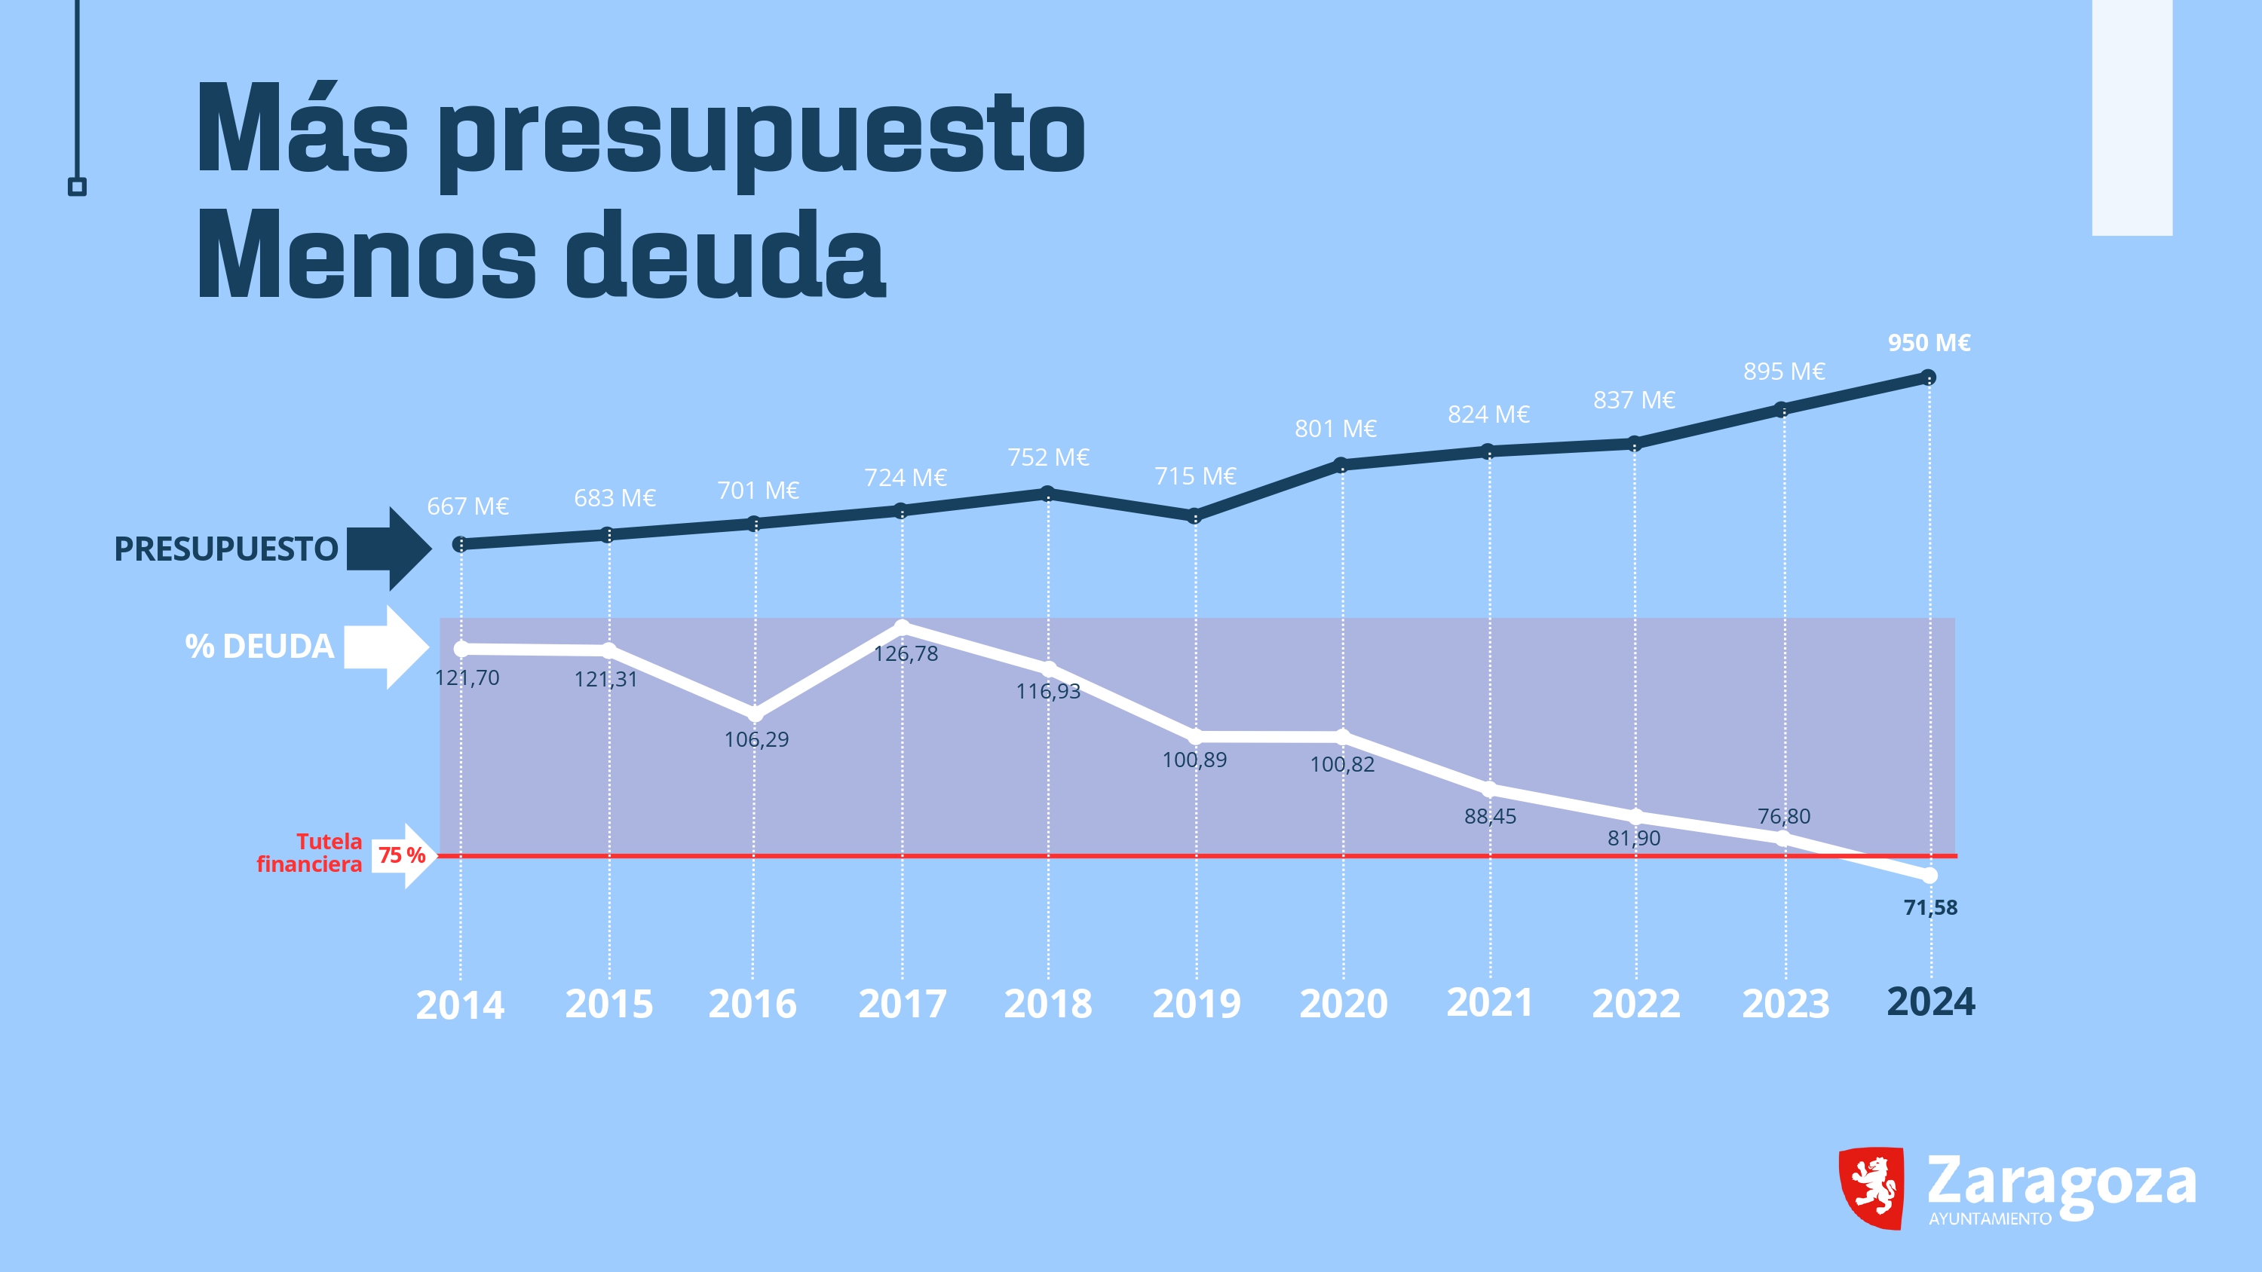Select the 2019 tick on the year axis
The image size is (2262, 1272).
(x=1196, y=1004)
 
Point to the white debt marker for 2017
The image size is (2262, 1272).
(x=902, y=627)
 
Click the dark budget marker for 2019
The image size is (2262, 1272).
(x=1194, y=516)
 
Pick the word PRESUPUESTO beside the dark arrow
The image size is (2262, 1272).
(x=225, y=549)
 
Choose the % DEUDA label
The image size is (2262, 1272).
(x=259, y=646)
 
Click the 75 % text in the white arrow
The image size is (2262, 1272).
(x=401, y=855)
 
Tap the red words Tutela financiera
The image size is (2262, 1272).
(x=310, y=852)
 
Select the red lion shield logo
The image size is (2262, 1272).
(x=1871, y=1187)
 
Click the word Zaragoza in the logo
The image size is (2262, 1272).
(x=2060, y=1182)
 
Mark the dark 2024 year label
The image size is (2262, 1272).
(x=1930, y=1001)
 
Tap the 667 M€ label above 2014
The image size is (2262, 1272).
(x=467, y=506)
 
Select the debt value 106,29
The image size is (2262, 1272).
(x=756, y=739)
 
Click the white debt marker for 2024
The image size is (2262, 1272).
(x=1929, y=875)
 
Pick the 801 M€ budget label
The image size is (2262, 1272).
(x=1335, y=428)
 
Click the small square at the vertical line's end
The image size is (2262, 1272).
(x=77, y=187)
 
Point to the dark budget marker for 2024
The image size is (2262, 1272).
(x=1928, y=378)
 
